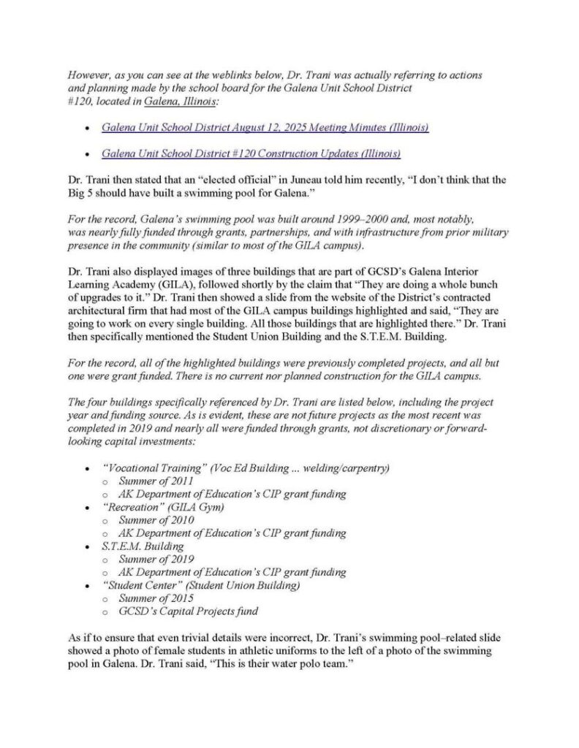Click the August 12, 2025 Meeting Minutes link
(265, 127)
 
